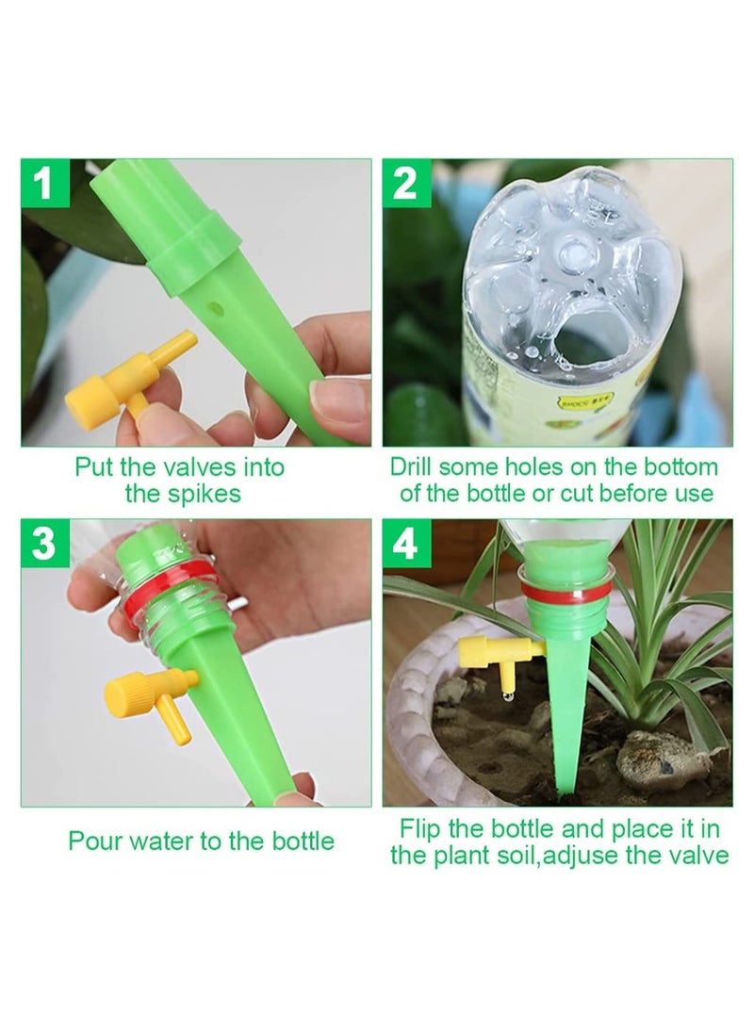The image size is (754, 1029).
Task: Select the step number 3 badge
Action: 44,544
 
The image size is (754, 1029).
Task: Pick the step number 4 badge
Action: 406,544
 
